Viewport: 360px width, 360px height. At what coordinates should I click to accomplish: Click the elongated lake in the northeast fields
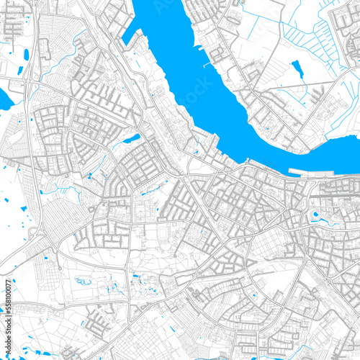pos(297,68)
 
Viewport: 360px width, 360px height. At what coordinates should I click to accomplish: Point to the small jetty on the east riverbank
pos(210,65)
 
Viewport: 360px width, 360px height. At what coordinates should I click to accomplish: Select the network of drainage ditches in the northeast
pos(317,36)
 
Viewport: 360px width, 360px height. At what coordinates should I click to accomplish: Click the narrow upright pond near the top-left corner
pos(27,54)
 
